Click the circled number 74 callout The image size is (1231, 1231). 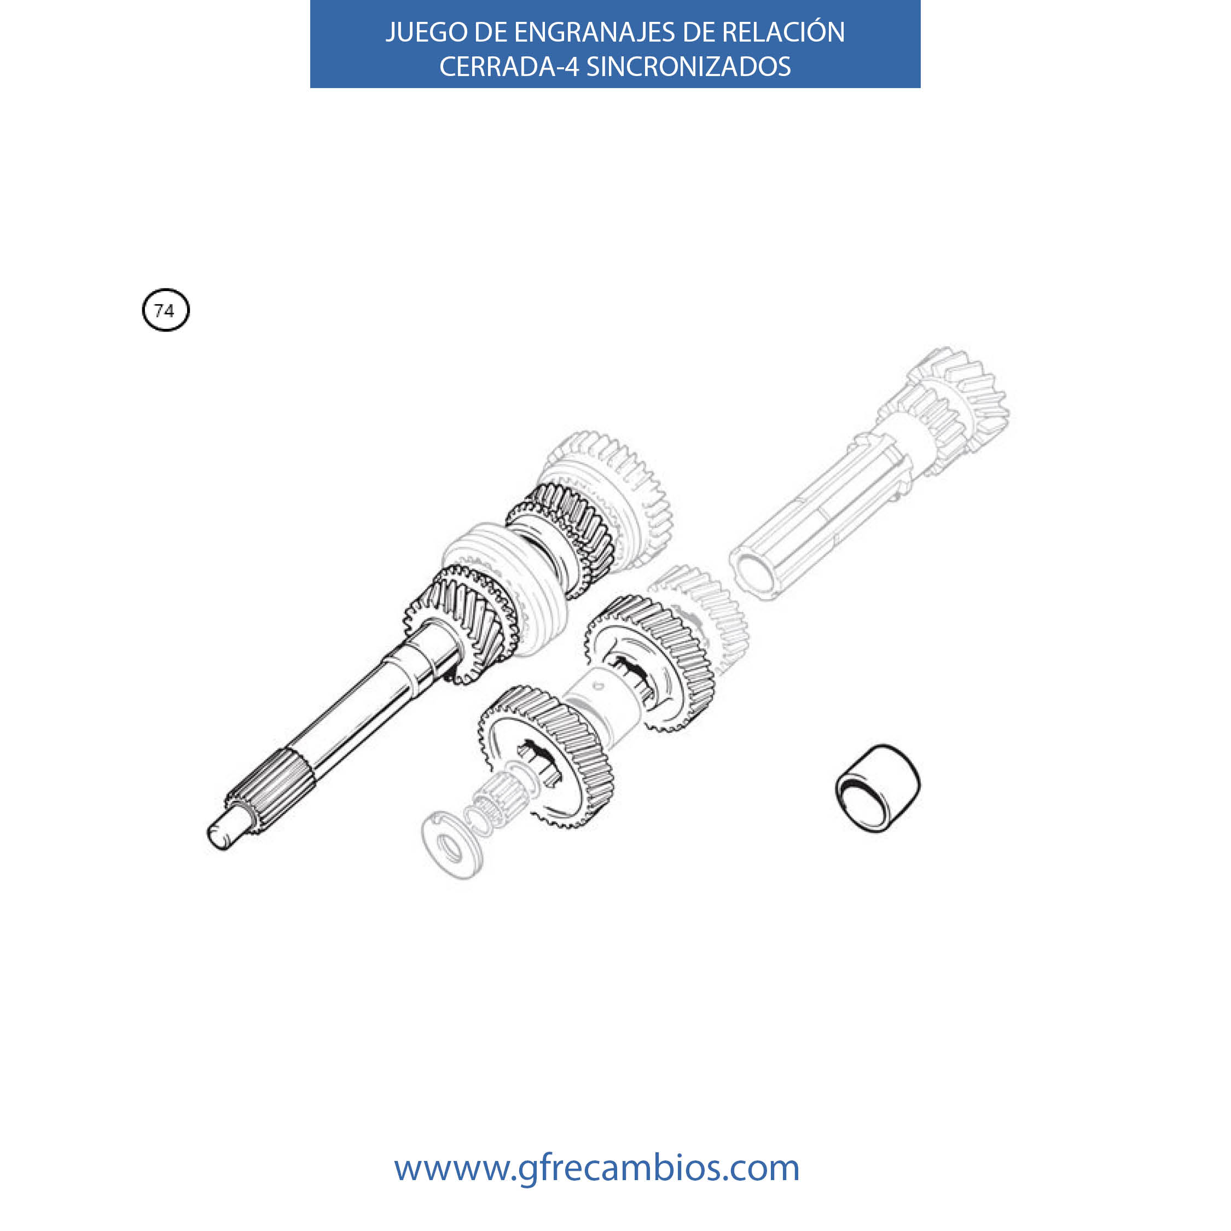point(166,310)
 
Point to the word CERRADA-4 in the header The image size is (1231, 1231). point(509,66)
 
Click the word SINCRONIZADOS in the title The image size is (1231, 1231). point(688,66)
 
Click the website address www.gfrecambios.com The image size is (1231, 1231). point(596,1168)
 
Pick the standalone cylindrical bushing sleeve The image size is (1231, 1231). point(878,789)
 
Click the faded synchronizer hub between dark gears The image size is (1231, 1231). point(503,589)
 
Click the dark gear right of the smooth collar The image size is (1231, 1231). point(650,663)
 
